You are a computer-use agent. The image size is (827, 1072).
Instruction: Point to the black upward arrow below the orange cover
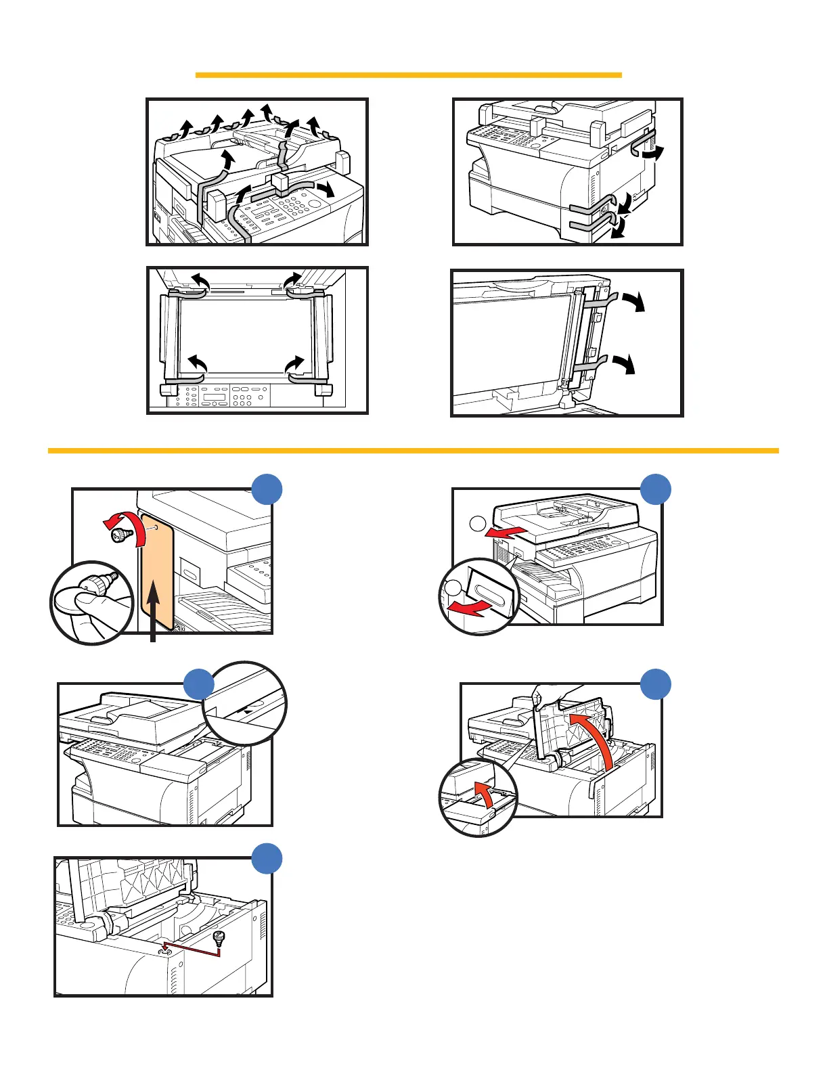[x=155, y=609]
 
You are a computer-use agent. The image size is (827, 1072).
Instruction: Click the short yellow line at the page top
[x=408, y=74]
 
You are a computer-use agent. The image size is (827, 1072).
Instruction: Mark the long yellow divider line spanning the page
[x=413, y=450]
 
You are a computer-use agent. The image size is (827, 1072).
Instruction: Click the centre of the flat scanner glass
[x=246, y=334]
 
